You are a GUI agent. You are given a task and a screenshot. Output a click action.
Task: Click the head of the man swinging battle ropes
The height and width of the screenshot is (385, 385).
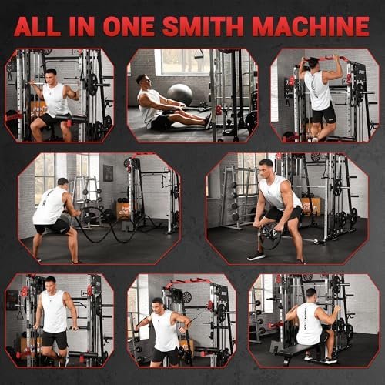64,186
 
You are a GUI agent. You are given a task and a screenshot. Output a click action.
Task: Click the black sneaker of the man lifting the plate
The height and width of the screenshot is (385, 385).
256,255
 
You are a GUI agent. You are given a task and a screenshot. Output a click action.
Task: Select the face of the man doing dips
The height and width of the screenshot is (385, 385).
50,284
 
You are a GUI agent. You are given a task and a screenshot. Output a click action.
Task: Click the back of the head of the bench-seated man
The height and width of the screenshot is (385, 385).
311,296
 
